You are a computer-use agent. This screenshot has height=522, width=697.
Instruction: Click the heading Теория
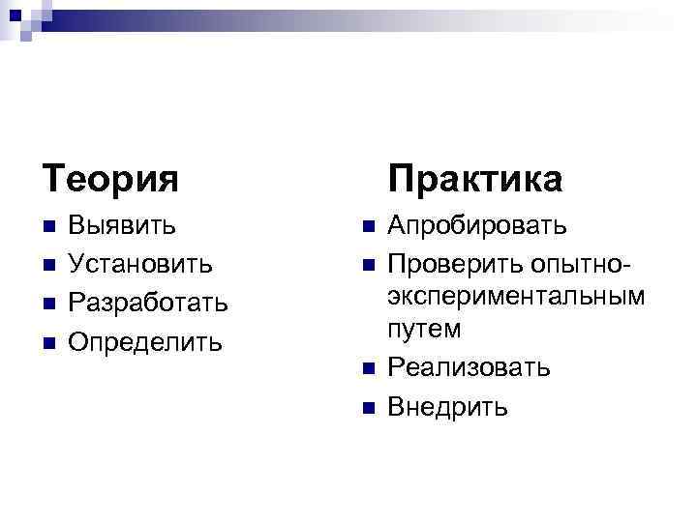pos(110,179)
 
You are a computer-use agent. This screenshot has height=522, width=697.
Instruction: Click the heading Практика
pos(474,179)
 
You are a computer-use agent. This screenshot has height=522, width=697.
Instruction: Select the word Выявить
pos(123,226)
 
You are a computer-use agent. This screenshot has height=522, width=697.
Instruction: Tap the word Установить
pos(141,265)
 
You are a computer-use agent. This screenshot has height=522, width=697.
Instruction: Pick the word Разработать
pos(149,304)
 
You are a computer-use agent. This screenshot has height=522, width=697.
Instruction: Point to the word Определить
pos(145,342)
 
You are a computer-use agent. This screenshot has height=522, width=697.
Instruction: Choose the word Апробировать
pos(477,226)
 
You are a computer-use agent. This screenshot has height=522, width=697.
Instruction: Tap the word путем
pos(425,329)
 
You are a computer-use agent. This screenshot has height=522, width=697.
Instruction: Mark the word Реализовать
pos(469,367)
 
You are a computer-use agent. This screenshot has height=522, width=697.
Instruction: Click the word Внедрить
pos(446,406)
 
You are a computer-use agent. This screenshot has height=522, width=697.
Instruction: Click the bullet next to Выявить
pos(50,227)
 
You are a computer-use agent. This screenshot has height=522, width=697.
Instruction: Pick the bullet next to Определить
pos(50,343)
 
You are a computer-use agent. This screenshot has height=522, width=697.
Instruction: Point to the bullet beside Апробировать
pos(367,227)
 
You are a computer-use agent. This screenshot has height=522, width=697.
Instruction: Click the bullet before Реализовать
pos(367,368)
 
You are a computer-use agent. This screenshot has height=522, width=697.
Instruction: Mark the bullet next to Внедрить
pos(367,407)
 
